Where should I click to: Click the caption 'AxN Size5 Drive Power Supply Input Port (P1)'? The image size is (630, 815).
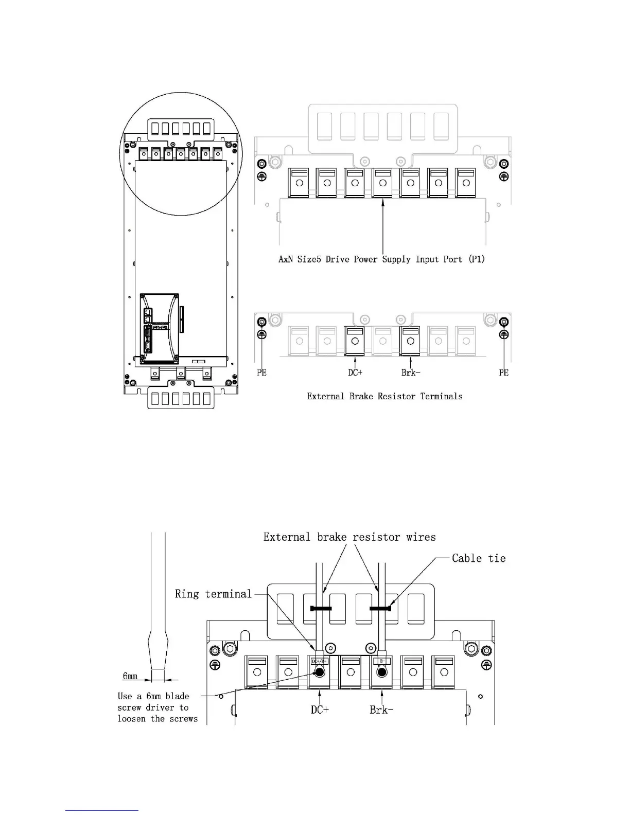point(381,259)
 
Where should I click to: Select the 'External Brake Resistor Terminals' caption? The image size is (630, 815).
point(384,396)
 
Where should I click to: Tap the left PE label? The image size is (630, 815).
point(261,373)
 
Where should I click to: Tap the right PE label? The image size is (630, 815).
point(503,373)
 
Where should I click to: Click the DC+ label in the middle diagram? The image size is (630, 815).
point(355,372)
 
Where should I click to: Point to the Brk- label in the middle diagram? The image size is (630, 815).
point(411,372)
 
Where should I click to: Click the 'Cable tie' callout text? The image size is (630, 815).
point(479,558)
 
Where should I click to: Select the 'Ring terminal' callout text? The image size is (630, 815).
point(213,594)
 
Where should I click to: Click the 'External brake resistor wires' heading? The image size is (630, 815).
point(349,537)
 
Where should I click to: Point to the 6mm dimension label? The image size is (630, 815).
point(130,676)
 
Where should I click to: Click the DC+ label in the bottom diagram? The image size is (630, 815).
point(320,710)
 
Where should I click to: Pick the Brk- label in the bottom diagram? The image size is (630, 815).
point(381,710)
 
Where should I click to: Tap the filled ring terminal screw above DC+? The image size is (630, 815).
point(320,672)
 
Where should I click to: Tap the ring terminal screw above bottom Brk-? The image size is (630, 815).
point(382,672)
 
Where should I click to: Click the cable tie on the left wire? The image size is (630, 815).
point(321,609)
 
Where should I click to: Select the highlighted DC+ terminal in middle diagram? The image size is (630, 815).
point(355,341)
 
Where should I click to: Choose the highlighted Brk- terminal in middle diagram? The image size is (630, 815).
point(410,341)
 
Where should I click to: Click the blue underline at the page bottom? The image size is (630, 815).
point(102,810)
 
